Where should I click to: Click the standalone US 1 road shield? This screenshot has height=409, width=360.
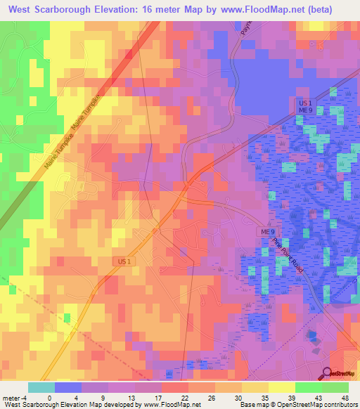pos(124,261)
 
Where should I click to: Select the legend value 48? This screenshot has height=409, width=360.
pos(344,397)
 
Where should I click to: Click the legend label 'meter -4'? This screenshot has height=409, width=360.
pos(13,397)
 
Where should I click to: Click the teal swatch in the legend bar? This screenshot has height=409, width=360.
pos(41,387)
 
